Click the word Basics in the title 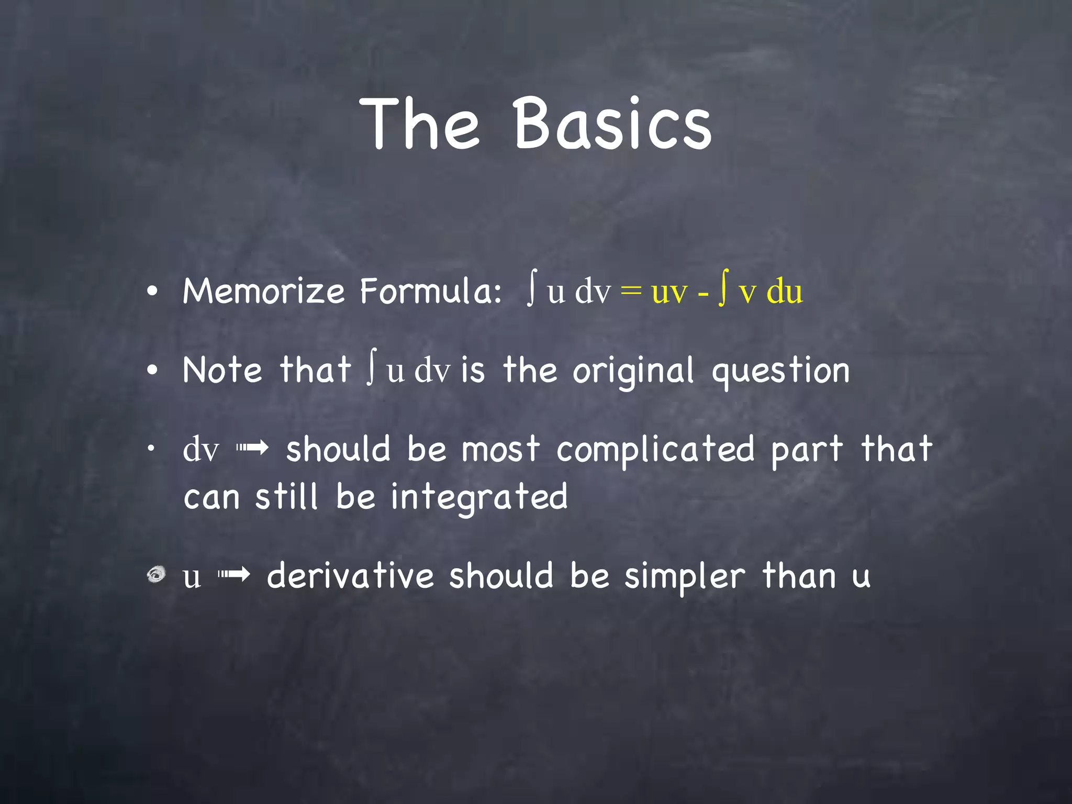tap(612, 124)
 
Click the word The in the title tap(419, 124)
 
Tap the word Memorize tap(264, 291)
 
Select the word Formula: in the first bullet tap(430, 291)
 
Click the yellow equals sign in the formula tap(631, 292)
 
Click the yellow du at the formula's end tap(784, 292)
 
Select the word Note tap(222, 370)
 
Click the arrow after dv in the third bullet tap(252, 448)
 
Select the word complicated tap(655, 450)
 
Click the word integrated tap(479, 497)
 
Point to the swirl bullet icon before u tap(156, 575)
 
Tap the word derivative tap(351, 576)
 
